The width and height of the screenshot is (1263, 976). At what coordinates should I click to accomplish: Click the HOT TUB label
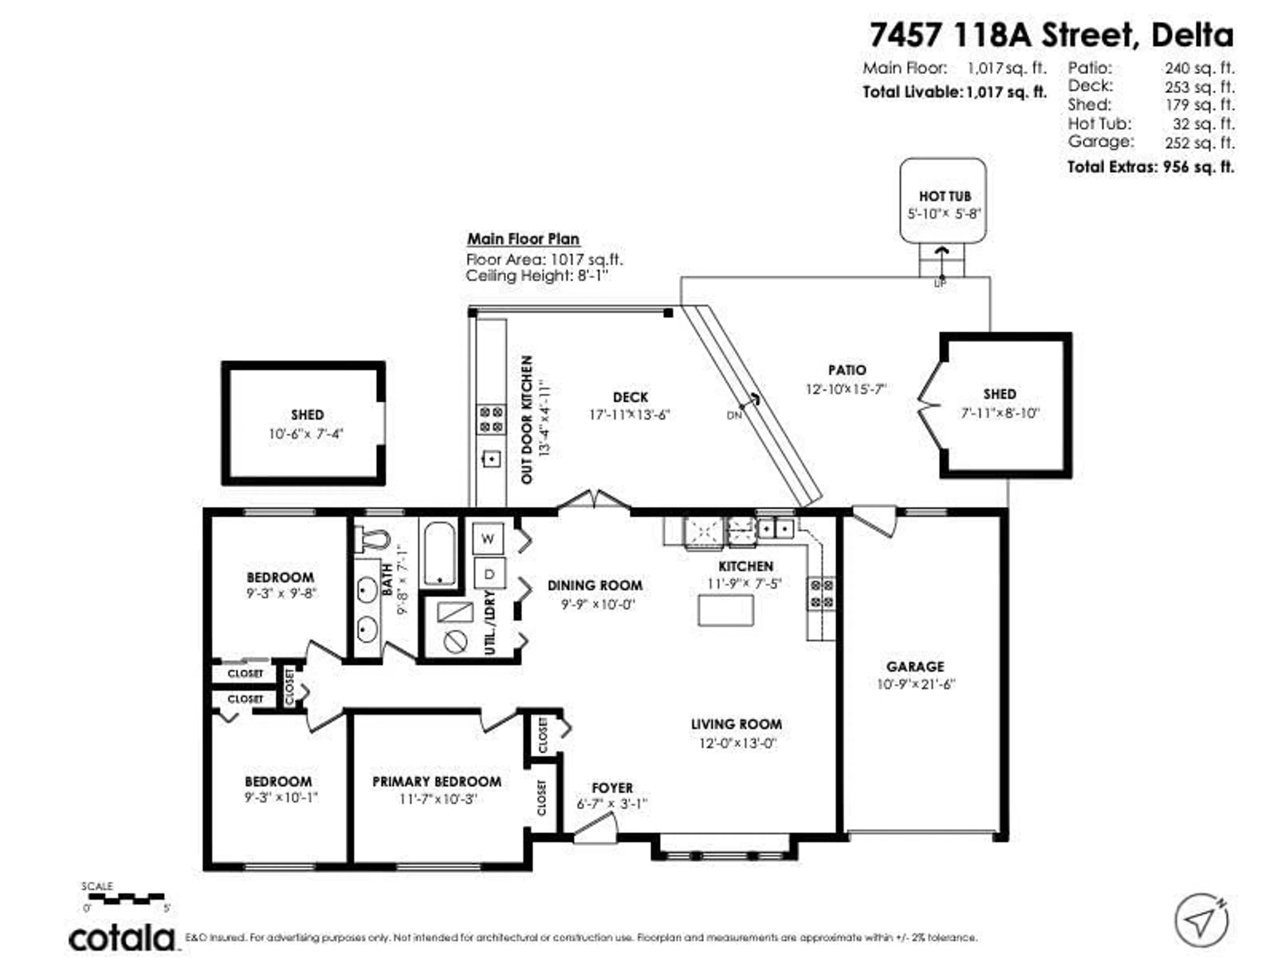944,196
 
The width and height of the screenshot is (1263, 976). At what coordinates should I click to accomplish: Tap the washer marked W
487,538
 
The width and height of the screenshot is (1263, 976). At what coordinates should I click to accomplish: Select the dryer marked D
489,574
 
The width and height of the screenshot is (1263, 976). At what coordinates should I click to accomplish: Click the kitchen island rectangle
725,610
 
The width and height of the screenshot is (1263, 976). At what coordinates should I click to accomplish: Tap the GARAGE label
915,666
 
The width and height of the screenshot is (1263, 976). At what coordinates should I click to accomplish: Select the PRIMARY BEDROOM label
436,782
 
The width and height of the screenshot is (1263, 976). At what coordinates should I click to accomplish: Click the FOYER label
612,788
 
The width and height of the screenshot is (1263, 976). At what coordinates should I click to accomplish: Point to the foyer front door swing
596,829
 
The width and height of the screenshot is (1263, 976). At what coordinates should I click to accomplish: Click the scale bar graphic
126,898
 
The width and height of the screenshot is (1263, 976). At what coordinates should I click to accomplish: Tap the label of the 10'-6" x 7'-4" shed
307,415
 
